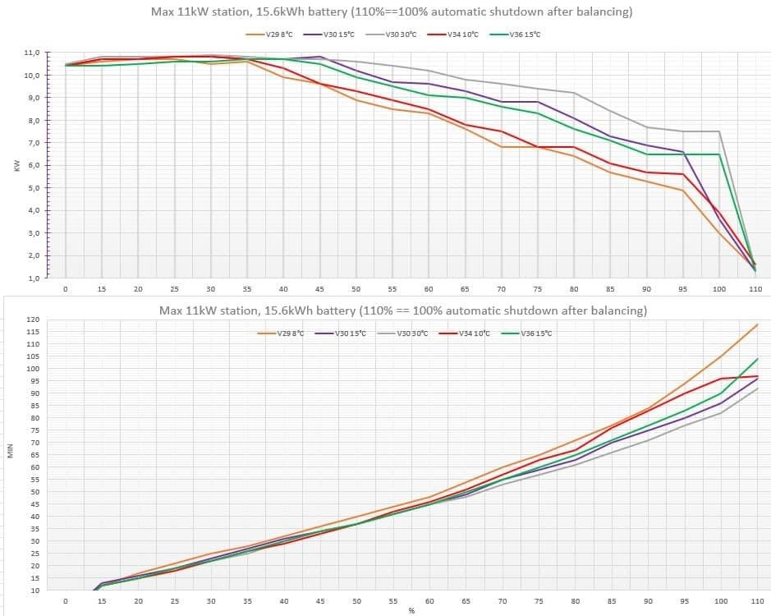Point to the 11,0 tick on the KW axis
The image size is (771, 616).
31,53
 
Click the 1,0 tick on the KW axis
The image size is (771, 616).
31,278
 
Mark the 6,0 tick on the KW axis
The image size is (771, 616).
31,166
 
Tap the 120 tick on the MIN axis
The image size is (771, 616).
33,319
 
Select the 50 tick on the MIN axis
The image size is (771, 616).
33,492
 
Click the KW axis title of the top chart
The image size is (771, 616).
16,165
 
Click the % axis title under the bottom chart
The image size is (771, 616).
411,610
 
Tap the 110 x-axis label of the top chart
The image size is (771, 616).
755,289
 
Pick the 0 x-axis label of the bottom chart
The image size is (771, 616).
66,601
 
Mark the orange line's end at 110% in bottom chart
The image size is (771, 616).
755,324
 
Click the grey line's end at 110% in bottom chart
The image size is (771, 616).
755,388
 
